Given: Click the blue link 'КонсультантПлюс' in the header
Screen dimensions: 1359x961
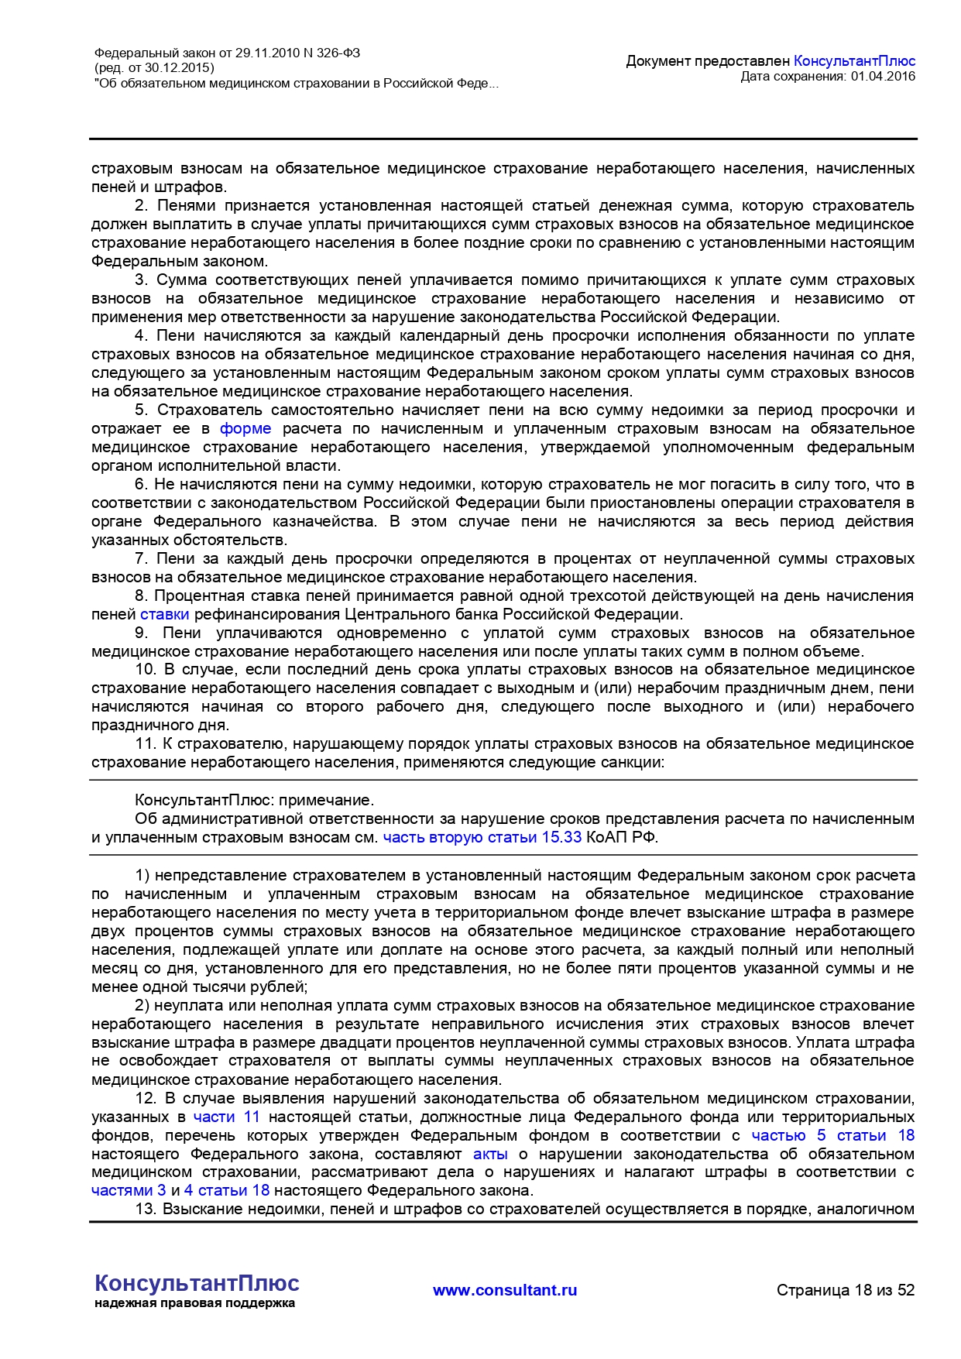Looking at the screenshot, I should [x=854, y=61].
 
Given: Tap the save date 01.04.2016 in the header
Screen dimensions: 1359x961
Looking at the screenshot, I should [x=883, y=76].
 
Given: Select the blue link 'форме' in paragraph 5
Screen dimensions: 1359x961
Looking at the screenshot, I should [x=245, y=429].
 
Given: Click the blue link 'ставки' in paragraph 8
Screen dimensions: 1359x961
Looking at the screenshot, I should [x=165, y=615].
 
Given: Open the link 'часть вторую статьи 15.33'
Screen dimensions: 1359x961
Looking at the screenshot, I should [x=482, y=838].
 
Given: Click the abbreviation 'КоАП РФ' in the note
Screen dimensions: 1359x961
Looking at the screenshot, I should [x=622, y=838].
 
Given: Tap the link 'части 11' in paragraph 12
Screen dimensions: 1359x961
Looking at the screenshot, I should [x=226, y=1117].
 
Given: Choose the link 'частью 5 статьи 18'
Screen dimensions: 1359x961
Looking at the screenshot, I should [x=832, y=1136].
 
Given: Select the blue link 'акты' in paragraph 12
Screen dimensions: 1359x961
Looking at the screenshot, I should [x=490, y=1155].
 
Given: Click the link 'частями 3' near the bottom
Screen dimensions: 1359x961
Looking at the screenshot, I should [x=129, y=1191].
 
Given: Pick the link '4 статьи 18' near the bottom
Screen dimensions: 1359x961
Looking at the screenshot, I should [x=227, y=1191].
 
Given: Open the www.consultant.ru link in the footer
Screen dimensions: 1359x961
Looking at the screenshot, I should [x=505, y=1290].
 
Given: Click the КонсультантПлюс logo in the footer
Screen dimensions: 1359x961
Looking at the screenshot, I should [x=197, y=1283].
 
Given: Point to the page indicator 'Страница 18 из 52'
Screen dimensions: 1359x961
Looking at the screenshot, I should [x=846, y=1290].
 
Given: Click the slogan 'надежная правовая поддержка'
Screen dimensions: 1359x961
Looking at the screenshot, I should [x=195, y=1303].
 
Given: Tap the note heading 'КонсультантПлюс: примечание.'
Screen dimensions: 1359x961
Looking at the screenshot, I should [x=254, y=801].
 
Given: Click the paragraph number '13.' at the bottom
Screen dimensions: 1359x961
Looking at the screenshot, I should [x=146, y=1210].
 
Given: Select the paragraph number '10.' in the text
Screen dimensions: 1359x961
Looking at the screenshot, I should [x=146, y=670].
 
